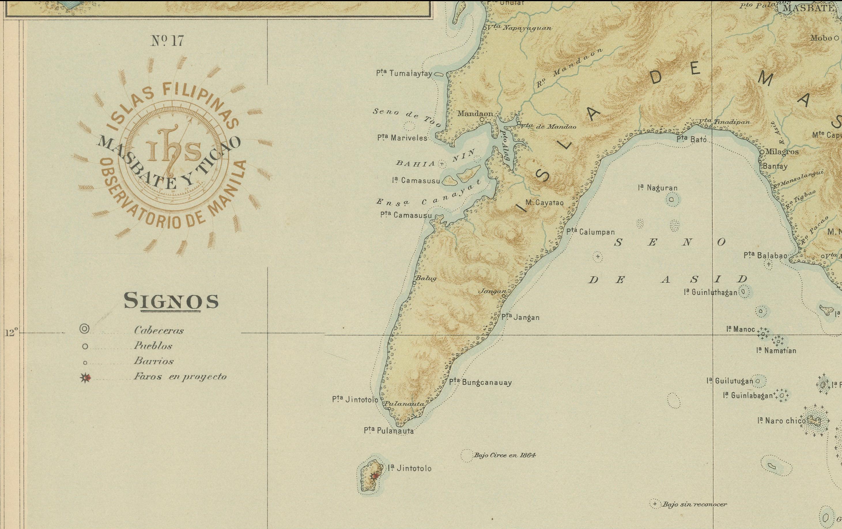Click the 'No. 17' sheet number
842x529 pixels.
click(x=167, y=41)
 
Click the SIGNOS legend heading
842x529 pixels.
click(x=171, y=301)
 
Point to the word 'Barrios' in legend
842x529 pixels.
click(x=154, y=361)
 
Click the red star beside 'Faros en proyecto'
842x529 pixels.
click(x=86, y=378)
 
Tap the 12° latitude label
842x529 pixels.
click(x=11, y=333)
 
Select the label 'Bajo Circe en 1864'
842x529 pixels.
click(x=504, y=455)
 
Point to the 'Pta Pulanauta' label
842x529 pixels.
click(x=388, y=431)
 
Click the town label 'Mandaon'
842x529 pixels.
click(x=475, y=114)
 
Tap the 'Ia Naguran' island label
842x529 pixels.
click(x=657, y=188)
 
